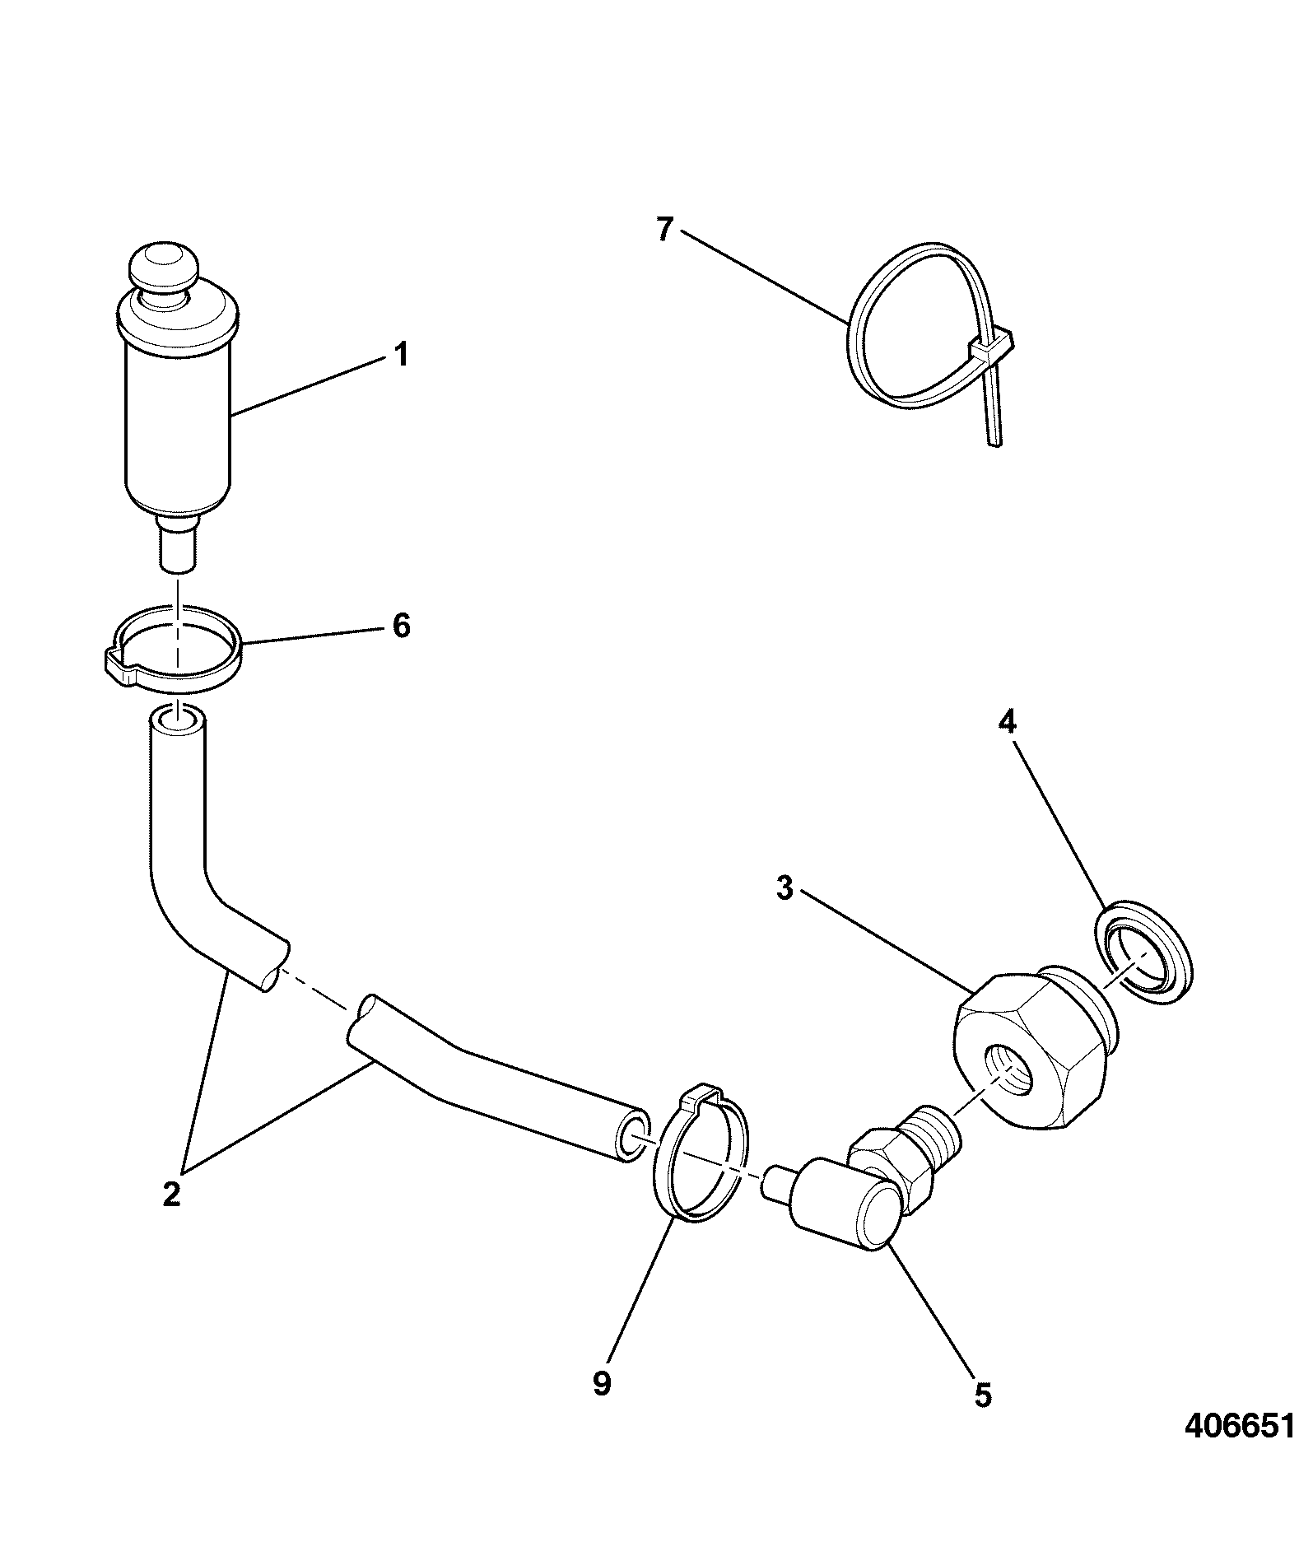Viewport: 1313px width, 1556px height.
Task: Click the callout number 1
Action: tap(400, 356)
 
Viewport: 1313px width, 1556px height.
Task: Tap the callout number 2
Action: tap(171, 1193)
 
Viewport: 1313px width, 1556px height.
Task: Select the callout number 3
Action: tap(785, 888)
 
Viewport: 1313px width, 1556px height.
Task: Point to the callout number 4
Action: tap(1008, 722)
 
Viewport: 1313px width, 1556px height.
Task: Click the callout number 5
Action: tap(983, 1395)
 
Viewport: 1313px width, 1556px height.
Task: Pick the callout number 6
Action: tap(401, 626)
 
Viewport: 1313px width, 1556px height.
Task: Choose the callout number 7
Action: tap(664, 230)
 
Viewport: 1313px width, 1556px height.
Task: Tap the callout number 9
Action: tap(602, 1384)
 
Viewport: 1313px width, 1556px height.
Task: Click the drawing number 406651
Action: tap(1240, 1425)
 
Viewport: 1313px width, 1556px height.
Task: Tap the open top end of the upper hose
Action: tap(177, 721)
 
